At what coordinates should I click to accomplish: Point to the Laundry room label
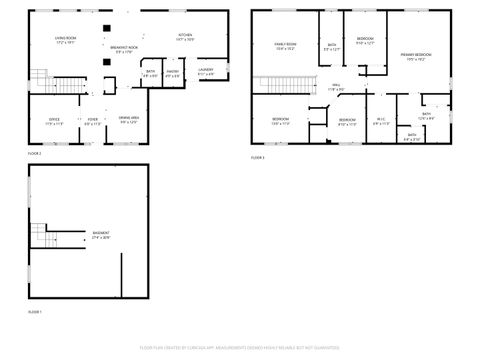coord(206,72)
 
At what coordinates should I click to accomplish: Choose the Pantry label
coord(172,72)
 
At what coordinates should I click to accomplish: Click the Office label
coord(54,121)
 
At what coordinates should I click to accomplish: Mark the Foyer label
coord(92,121)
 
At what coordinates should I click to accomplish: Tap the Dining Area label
coord(128,121)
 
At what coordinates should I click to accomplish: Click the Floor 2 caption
coord(35,152)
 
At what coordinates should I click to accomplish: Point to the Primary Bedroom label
coord(415,56)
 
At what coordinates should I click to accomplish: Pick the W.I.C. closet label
coord(381,122)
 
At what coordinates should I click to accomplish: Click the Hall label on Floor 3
coord(336,87)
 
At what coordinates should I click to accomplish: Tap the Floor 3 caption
coord(257,158)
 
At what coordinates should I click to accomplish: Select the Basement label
coord(102,236)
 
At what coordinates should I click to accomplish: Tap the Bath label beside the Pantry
coord(150,72)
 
